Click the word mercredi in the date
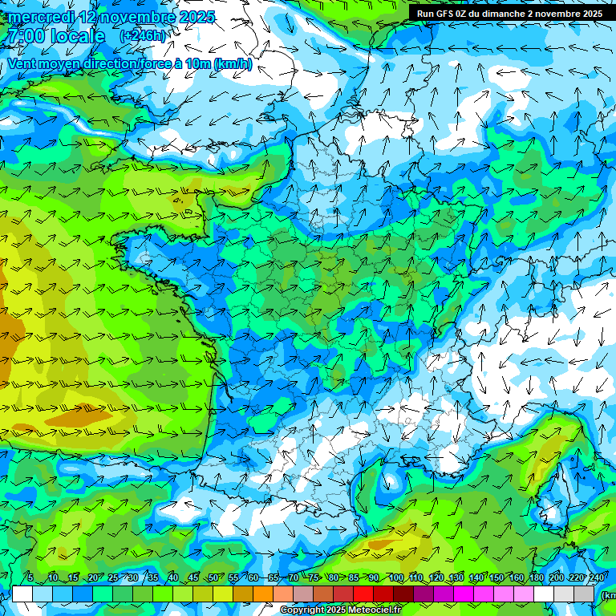point(42,17)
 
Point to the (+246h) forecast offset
point(143,36)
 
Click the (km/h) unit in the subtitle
point(233,64)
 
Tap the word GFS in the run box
point(448,14)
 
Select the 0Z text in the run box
point(468,14)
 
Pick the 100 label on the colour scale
point(395,578)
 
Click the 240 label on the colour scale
point(597,578)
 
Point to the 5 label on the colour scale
point(30,578)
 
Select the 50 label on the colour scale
point(213,578)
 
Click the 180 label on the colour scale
point(537,578)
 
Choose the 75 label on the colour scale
point(314,578)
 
